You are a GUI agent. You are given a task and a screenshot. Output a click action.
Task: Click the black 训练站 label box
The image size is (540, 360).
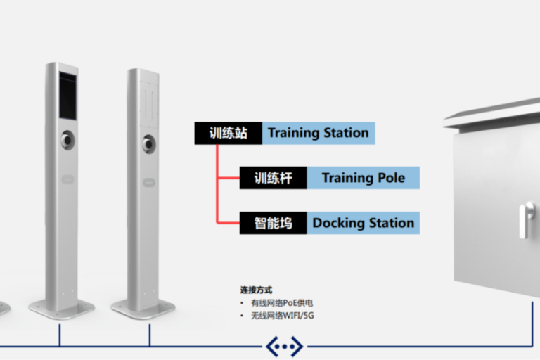click(228, 133)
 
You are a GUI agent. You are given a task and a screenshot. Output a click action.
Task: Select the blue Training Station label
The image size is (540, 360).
click(318, 133)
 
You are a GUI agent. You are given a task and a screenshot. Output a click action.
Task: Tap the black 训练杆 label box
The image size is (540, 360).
click(273, 178)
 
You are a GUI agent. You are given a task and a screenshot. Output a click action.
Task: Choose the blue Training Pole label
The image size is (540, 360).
click(363, 178)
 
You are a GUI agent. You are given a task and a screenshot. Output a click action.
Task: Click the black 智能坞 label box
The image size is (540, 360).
click(273, 223)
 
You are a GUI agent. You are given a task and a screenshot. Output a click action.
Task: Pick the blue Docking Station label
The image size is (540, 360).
click(363, 223)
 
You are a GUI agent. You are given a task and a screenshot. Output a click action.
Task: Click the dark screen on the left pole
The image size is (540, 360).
click(67, 95)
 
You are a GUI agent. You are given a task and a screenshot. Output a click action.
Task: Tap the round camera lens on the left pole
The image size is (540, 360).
click(67, 139)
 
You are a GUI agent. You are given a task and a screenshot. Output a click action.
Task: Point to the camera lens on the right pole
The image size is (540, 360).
click(148, 143)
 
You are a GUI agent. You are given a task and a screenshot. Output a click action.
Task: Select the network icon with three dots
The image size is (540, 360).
click(284, 346)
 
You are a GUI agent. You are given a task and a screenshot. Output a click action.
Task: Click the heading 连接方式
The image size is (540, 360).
click(256, 290)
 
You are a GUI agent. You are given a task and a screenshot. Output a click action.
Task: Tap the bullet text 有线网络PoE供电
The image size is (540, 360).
click(281, 303)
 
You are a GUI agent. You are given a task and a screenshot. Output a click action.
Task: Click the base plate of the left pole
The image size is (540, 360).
click(62, 307)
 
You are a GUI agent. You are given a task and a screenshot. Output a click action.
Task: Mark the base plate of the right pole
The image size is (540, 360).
click(143, 307)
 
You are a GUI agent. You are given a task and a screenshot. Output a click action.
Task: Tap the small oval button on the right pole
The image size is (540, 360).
click(149, 181)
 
